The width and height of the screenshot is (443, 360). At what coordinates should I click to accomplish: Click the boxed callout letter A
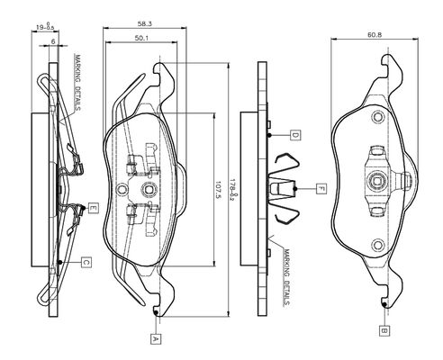coord(156,339)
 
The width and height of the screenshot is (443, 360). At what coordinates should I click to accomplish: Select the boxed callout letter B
coord(384,331)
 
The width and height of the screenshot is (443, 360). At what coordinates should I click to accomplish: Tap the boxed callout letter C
coord(86,263)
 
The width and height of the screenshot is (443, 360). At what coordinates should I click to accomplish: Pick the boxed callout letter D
coord(295,136)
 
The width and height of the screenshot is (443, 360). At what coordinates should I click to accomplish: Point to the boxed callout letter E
coord(94,208)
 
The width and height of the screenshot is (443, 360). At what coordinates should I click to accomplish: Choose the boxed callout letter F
coord(321,189)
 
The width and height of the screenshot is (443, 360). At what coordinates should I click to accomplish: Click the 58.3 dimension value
coord(145,23)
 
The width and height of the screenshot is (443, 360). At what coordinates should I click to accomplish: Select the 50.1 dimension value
coord(142,38)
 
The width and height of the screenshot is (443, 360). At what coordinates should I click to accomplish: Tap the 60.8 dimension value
coord(375,35)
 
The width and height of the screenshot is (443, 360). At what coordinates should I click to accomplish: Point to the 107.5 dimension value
coord(218,191)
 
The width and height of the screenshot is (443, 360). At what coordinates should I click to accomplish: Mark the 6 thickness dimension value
coord(53,41)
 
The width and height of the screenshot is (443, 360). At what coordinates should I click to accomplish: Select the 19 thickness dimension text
coord(45,27)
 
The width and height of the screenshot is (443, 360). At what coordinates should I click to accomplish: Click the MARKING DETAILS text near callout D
coord(287,277)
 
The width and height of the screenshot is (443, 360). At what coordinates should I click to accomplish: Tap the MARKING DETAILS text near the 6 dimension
coord(77,83)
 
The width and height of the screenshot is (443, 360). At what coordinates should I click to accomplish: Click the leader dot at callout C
coord(59,262)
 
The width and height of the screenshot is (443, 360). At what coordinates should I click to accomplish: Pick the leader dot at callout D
coord(269,135)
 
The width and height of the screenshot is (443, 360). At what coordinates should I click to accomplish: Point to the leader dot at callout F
coord(295,189)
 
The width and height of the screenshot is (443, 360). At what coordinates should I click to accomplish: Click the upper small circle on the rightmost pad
coord(377,117)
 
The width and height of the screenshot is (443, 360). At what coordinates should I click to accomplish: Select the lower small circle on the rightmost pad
coord(377,245)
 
